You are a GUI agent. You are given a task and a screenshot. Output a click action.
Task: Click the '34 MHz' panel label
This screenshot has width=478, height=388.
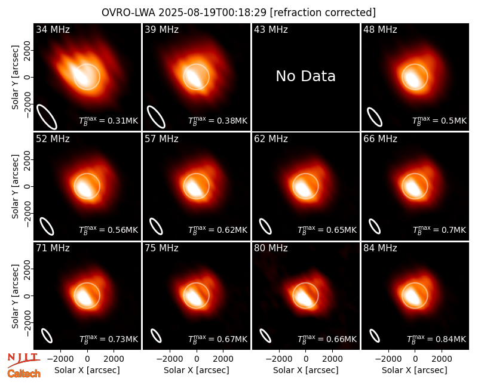(53, 29)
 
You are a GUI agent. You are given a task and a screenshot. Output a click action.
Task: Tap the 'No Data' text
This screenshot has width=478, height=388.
(305, 76)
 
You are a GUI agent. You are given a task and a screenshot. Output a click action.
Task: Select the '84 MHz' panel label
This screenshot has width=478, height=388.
(380, 248)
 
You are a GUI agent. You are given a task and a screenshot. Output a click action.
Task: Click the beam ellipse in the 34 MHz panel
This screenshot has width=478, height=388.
(47, 116)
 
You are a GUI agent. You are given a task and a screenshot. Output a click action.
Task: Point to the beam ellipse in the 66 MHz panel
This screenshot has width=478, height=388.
(375, 227)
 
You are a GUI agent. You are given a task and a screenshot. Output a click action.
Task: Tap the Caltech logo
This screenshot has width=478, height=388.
(24, 374)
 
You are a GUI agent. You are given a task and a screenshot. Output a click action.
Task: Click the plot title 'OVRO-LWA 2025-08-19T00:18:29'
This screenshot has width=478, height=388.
(184, 13)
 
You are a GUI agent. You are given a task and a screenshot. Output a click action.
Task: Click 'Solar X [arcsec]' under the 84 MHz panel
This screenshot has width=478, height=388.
(414, 370)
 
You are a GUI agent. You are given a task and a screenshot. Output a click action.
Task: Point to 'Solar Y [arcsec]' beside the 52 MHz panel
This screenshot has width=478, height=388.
(15, 186)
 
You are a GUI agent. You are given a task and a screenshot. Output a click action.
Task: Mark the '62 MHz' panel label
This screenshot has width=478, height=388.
(271, 139)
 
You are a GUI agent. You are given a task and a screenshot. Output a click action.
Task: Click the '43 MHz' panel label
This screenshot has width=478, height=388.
(271, 29)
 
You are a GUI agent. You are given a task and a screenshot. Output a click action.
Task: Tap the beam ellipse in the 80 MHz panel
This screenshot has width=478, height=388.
(265, 335)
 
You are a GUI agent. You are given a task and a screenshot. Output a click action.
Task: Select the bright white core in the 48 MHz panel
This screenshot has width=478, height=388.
(412, 79)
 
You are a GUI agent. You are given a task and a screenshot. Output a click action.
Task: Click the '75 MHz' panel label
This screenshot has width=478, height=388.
(161, 248)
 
